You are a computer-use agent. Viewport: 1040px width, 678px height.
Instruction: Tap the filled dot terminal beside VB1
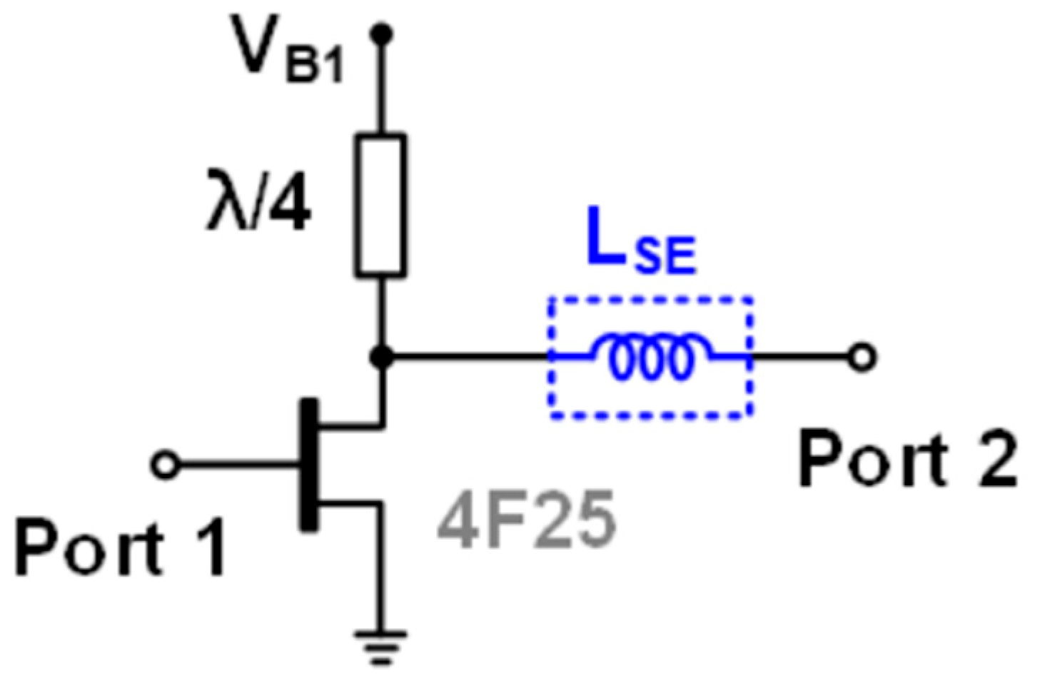(383, 33)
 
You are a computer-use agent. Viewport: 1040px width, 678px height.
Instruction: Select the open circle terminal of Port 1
(165, 465)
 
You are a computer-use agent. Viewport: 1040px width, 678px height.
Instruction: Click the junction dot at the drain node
(383, 355)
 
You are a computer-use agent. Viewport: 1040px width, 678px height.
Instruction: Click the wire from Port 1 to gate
(236, 465)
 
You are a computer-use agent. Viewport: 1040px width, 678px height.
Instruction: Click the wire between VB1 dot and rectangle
(383, 86)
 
